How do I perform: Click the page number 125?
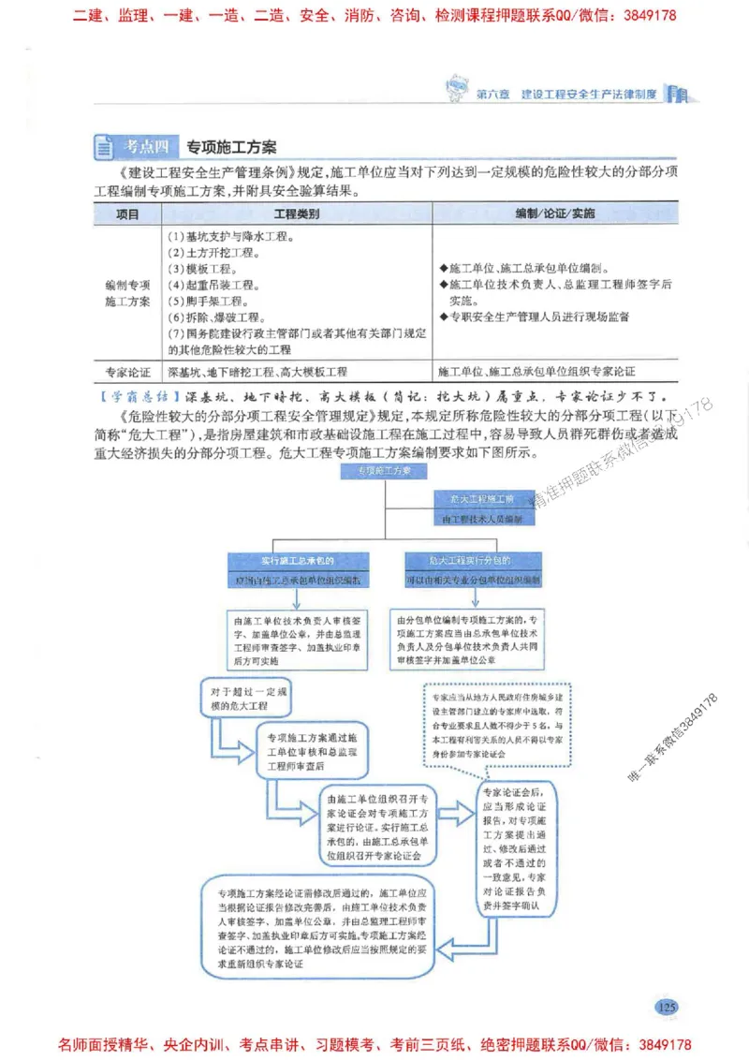tap(667, 1007)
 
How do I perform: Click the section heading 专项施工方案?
tap(231, 147)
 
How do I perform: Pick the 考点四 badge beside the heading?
tap(147, 147)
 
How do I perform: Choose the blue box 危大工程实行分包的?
tap(471, 560)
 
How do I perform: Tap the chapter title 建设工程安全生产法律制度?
tap(587, 94)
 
